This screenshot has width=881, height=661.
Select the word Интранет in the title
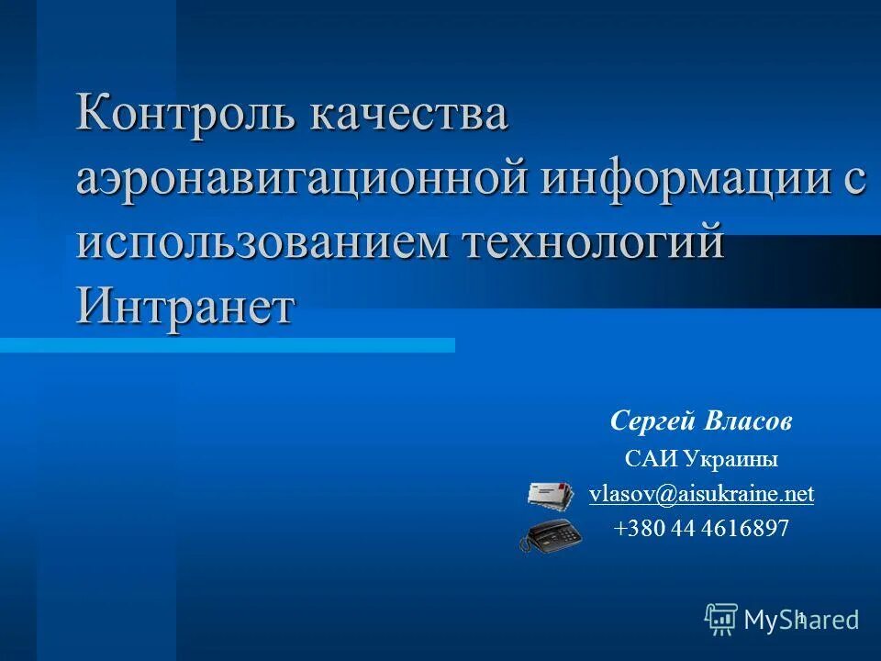[186, 304]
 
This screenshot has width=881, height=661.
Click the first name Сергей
[653, 422]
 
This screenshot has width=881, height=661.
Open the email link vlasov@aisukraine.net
[701, 494]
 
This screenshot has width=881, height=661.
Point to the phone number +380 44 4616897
[701, 529]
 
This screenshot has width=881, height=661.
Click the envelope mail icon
[549, 496]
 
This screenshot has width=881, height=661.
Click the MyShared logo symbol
[720, 620]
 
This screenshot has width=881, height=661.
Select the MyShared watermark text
[801, 621]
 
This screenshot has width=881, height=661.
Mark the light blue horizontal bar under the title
[227, 345]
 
